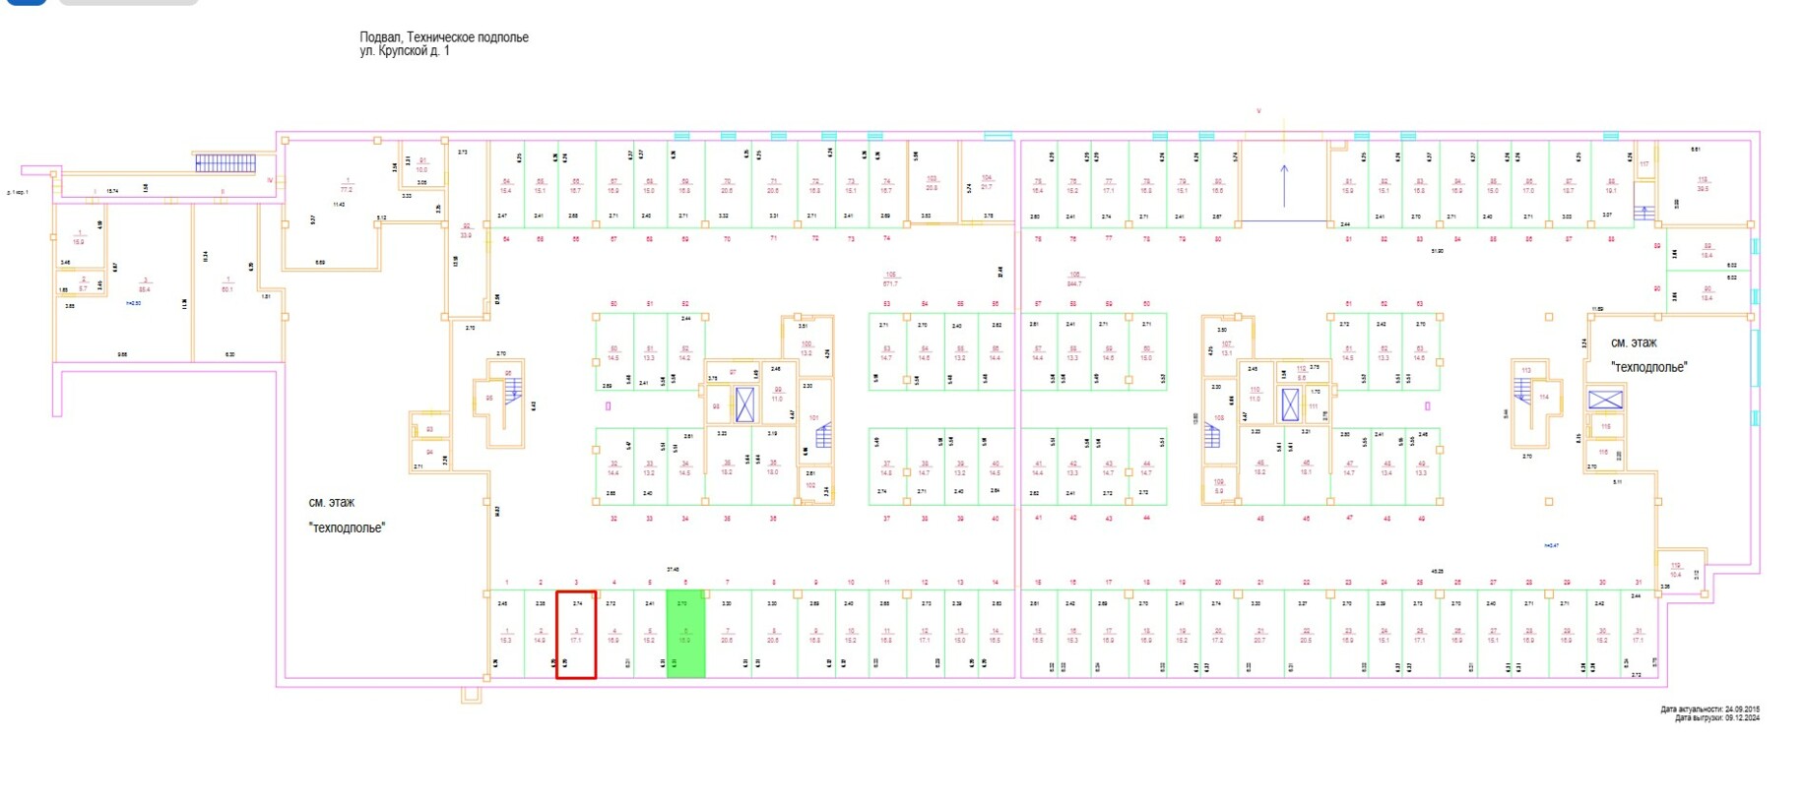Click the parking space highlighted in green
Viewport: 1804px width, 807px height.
tap(685, 634)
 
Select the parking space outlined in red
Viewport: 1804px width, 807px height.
tap(576, 635)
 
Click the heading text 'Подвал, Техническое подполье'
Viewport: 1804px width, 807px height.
tap(443, 37)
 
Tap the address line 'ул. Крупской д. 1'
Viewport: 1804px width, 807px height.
tap(405, 51)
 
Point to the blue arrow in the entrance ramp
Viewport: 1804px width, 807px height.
tap(1284, 184)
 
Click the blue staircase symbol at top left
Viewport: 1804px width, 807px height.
tap(225, 163)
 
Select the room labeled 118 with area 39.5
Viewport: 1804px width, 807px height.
tap(1703, 183)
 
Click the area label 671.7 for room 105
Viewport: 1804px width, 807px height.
tap(890, 284)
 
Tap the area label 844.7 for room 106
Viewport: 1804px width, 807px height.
tap(1074, 284)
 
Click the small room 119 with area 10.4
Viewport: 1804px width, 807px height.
tap(1676, 570)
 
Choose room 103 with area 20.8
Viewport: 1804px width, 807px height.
tap(932, 183)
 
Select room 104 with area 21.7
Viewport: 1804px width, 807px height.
tap(987, 183)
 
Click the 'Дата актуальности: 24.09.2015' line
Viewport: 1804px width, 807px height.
tap(1709, 709)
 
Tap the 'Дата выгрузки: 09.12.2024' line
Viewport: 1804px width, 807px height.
tap(1716, 718)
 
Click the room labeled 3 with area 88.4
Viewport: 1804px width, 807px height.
tap(145, 285)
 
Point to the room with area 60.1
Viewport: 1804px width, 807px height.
tap(227, 285)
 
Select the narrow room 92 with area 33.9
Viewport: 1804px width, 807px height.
tap(466, 231)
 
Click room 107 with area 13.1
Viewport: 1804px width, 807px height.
tap(1226, 348)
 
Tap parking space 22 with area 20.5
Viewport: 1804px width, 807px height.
tap(1306, 635)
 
